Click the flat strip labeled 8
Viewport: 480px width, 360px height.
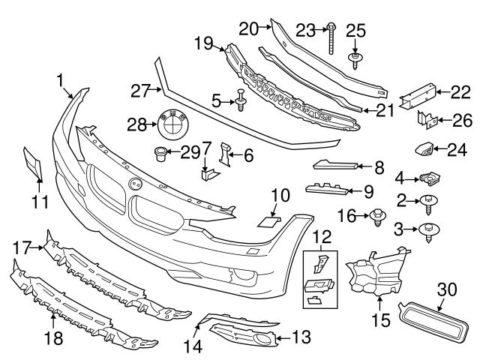click(334, 166)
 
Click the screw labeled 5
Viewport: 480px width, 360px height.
click(241, 101)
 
